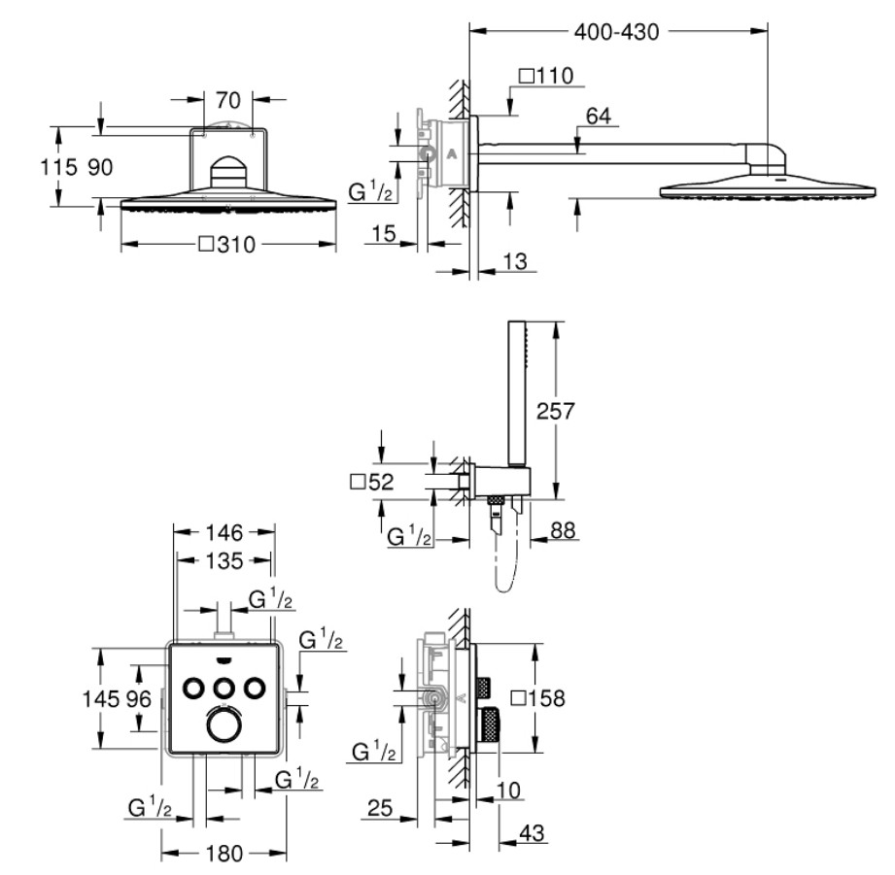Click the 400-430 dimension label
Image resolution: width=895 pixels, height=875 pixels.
616,32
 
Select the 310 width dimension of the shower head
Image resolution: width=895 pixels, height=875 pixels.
227,245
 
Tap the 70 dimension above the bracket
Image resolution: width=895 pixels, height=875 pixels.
228,100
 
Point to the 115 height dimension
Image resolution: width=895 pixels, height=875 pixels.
58,167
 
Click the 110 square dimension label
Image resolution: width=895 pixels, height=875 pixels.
546,76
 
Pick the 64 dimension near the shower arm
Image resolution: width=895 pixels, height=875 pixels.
599,116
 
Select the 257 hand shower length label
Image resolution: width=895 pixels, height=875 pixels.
555,411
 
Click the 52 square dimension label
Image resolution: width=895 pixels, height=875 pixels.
372,482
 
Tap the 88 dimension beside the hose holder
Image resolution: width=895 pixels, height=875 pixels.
563,530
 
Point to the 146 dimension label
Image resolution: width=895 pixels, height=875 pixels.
224,533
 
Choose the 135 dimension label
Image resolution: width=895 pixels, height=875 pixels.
224,560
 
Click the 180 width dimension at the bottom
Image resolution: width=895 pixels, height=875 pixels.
224,854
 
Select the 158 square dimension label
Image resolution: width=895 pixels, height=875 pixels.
538,698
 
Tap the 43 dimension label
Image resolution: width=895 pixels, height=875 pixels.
532,833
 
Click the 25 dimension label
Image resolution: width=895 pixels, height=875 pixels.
380,808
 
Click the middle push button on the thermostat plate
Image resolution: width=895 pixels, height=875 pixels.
224,689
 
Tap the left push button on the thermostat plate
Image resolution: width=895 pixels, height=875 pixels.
193,689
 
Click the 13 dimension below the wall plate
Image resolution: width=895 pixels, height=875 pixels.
515,261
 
